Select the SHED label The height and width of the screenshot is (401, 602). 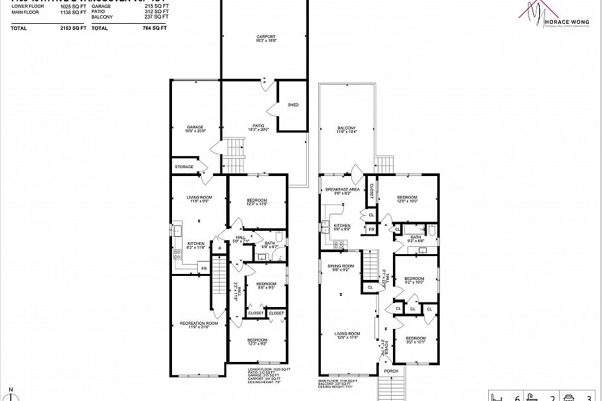pos(293,105)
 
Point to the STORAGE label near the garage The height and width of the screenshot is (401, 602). pos(185,167)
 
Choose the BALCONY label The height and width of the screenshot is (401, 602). pos(347,128)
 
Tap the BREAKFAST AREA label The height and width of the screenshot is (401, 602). pos(342,190)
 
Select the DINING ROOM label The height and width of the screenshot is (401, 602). pos(341,266)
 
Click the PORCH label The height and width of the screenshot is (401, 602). pos(391,371)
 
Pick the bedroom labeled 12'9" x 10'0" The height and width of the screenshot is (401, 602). pos(407,197)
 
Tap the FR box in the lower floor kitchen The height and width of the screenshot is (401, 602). pos(204,268)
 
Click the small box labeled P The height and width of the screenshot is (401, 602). pos(219,248)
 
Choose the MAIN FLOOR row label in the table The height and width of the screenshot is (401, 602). pos(26,11)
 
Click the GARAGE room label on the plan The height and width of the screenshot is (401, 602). pos(194,127)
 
